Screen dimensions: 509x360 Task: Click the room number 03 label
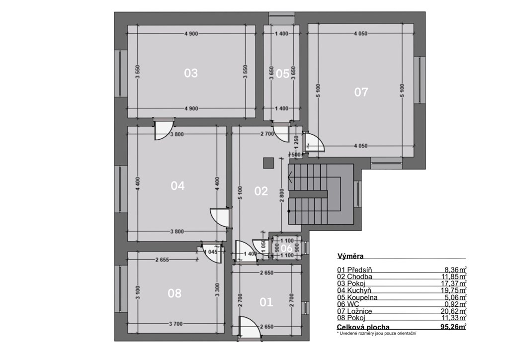coord(191,73)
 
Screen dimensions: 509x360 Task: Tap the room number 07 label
coord(361,92)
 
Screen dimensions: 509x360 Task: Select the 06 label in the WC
coord(286,249)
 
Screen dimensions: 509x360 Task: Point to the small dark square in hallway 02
coord(268,163)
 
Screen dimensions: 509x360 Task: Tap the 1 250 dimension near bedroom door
coord(296,142)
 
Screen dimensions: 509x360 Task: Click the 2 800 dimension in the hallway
coord(281,195)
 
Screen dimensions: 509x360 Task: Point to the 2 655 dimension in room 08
coord(162,260)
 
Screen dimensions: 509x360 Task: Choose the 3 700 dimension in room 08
coord(175,324)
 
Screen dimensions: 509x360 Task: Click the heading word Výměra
coord(350,256)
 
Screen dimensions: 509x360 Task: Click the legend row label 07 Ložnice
coord(354,311)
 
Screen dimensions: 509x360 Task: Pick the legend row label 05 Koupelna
coord(357,297)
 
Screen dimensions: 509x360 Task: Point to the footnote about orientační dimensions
coord(377,333)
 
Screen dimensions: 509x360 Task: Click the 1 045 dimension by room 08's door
coord(211,252)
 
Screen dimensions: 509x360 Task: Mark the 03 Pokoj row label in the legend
coord(351,283)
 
